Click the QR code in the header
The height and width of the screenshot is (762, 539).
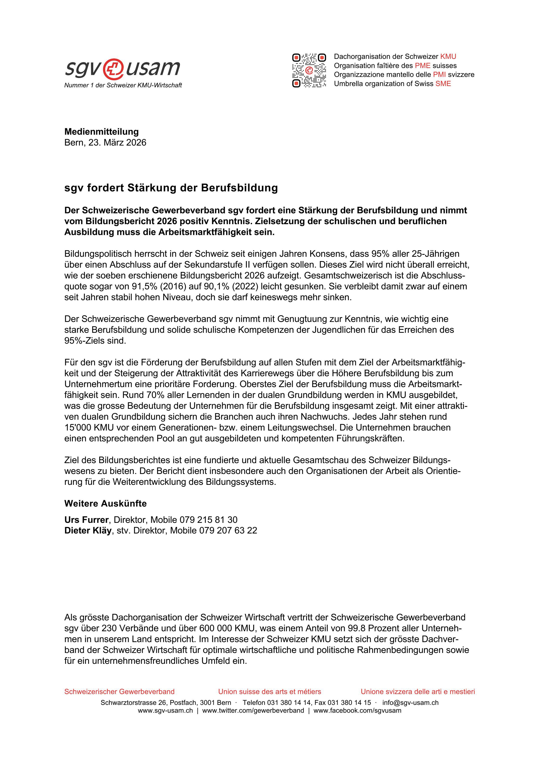click(x=309, y=70)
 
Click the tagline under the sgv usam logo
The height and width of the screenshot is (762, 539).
click(x=123, y=85)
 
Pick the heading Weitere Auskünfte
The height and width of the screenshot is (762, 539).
click(x=105, y=504)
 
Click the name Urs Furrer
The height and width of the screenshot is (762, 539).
click(x=86, y=520)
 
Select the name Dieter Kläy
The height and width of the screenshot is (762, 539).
click(x=88, y=530)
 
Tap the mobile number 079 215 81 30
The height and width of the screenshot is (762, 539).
click(x=208, y=520)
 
